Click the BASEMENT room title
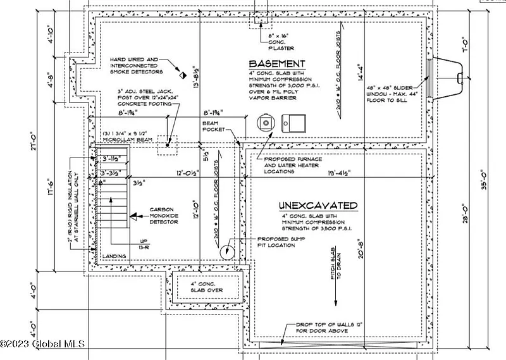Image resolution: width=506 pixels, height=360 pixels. (276, 64)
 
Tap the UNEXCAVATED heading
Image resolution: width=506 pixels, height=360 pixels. (318, 206)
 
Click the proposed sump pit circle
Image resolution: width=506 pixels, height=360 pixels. (226, 252)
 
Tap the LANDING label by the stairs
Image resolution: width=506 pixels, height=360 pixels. (114, 256)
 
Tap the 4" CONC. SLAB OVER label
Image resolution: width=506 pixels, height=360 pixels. (206, 289)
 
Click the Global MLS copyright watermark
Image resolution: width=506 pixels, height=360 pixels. (42, 344)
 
